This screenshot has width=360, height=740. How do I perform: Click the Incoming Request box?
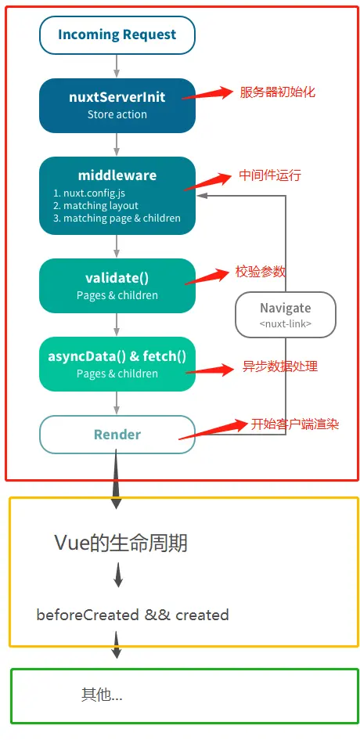pos(117,35)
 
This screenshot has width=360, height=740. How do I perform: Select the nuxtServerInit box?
pos(117,105)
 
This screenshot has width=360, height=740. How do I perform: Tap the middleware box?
pos(117,195)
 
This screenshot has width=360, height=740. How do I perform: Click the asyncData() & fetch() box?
pos(117,364)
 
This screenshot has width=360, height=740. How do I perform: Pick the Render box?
pos(117,434)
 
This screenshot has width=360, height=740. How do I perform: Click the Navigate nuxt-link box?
pos(285,315)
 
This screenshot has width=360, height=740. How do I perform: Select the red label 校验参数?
pos(261,272)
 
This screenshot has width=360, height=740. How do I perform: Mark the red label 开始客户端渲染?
pos(295,424)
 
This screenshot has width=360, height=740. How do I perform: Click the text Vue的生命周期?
pos(121,543)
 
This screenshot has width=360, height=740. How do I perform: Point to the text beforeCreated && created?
pos(132,615)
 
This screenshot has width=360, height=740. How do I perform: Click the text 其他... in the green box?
pos(102,695)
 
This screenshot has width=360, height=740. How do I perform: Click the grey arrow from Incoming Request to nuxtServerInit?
pos(117,66)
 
